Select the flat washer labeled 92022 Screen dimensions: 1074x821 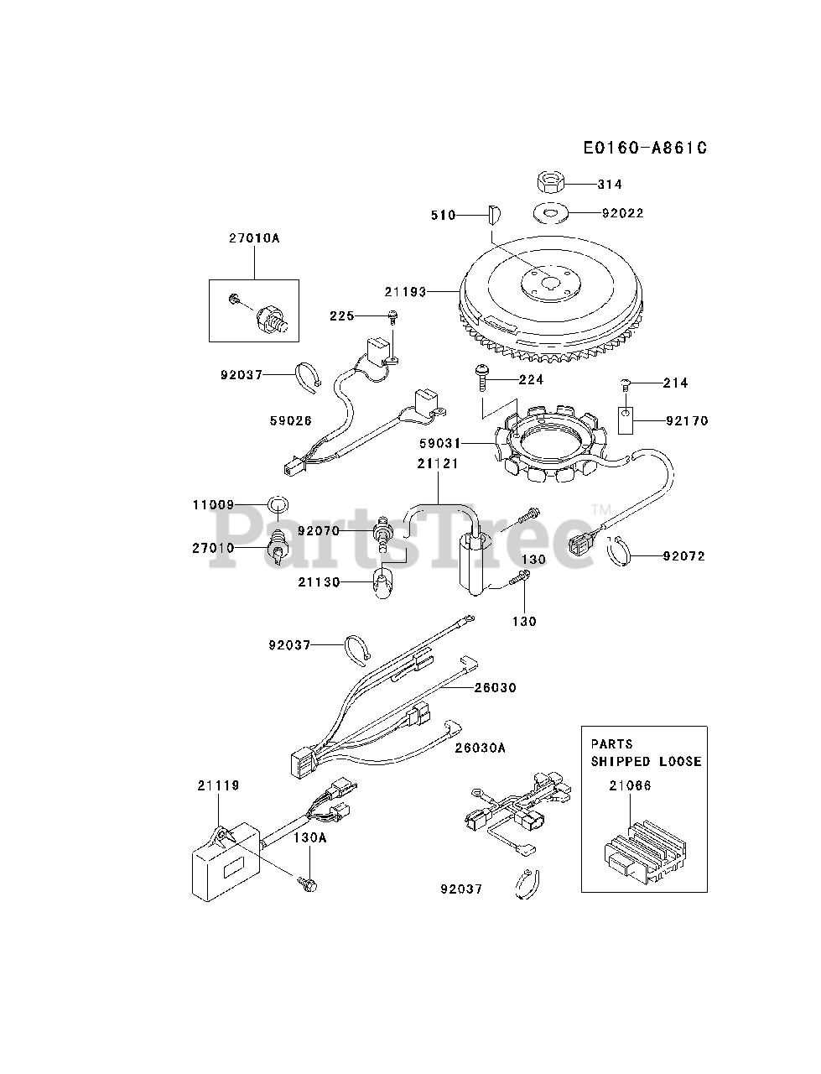click(x=548, y=213)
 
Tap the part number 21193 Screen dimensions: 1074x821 click(x=405, y=292)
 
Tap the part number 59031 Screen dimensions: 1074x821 click(x=444, y=442)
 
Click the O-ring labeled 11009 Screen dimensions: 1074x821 click(x=278, y=505)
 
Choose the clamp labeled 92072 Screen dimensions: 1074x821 click(x=621, y=550)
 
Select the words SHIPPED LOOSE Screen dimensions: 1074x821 click(x=646, y=762)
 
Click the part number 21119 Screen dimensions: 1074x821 click(x=218, y=785)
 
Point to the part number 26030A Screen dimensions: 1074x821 click(x=481, y=748)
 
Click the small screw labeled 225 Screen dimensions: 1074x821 click(x=392, y=316)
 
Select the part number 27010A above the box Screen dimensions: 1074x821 click(x=253, y=238)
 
